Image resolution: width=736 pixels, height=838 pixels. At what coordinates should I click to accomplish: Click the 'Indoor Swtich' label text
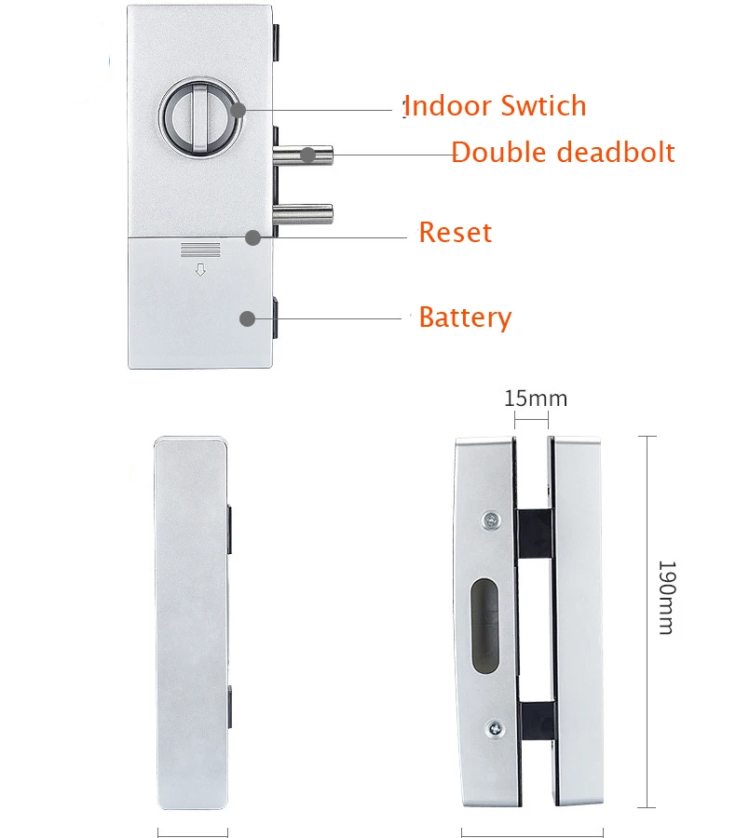point(496,106)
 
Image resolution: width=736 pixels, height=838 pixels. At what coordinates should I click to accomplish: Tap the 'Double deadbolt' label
point(563,152)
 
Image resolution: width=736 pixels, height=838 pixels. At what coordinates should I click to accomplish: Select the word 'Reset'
point(455,232)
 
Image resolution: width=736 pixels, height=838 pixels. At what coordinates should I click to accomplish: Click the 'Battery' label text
point(465,318)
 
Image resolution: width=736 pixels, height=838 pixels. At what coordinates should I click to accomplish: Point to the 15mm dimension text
point(535,399)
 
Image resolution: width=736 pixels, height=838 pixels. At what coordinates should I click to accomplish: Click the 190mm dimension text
point(665,597)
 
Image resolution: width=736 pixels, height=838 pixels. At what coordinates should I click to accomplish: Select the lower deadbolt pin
point(303,214)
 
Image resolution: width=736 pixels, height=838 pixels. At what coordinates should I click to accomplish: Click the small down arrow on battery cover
point(199,271)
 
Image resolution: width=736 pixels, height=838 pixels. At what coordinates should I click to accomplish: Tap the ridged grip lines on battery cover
point(199,250)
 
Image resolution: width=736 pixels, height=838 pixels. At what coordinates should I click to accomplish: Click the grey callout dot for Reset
point(252,237)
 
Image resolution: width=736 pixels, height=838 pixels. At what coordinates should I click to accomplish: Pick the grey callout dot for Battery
point(247,318)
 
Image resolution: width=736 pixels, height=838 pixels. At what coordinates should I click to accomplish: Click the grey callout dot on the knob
point(239,111)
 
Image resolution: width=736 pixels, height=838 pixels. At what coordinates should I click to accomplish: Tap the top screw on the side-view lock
point(490,520)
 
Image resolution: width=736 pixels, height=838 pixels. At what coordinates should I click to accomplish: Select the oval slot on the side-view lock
point(484,625)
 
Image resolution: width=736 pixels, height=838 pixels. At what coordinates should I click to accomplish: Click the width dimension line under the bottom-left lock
point(193,831)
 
